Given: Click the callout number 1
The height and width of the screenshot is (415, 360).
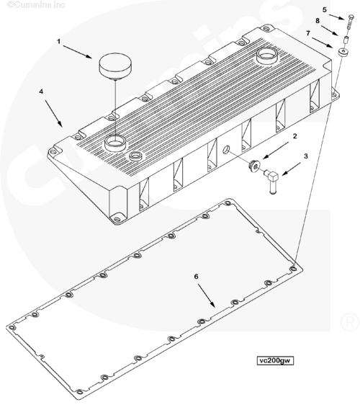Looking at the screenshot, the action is [59, 42].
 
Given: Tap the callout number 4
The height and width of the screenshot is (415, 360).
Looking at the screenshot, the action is [41, 92].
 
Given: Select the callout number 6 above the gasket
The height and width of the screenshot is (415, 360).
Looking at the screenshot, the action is [196, 277].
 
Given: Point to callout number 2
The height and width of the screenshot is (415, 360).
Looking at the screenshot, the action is [295, 136].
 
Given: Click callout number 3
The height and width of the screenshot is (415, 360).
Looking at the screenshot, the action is [306, 156].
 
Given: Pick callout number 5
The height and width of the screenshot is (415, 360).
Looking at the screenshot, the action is [325, 10].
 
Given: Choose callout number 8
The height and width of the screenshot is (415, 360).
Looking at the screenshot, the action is [318, 21].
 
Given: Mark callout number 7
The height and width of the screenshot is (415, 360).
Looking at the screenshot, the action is [308, 33].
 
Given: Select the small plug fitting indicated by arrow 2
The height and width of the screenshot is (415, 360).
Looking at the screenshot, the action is [255, 166].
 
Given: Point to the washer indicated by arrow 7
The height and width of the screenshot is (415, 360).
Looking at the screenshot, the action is [343, 52].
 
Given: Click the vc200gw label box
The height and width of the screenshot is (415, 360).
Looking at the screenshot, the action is [275, 360].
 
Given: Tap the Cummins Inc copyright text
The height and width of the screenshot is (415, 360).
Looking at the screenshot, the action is [36, 4].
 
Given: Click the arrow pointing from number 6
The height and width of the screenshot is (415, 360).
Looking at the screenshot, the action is [207, 295].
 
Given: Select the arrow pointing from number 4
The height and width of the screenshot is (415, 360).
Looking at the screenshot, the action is [54, 113].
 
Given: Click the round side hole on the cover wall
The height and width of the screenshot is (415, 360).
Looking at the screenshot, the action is [226, 150].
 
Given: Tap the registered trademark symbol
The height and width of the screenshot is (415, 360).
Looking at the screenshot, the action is [350, 322].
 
